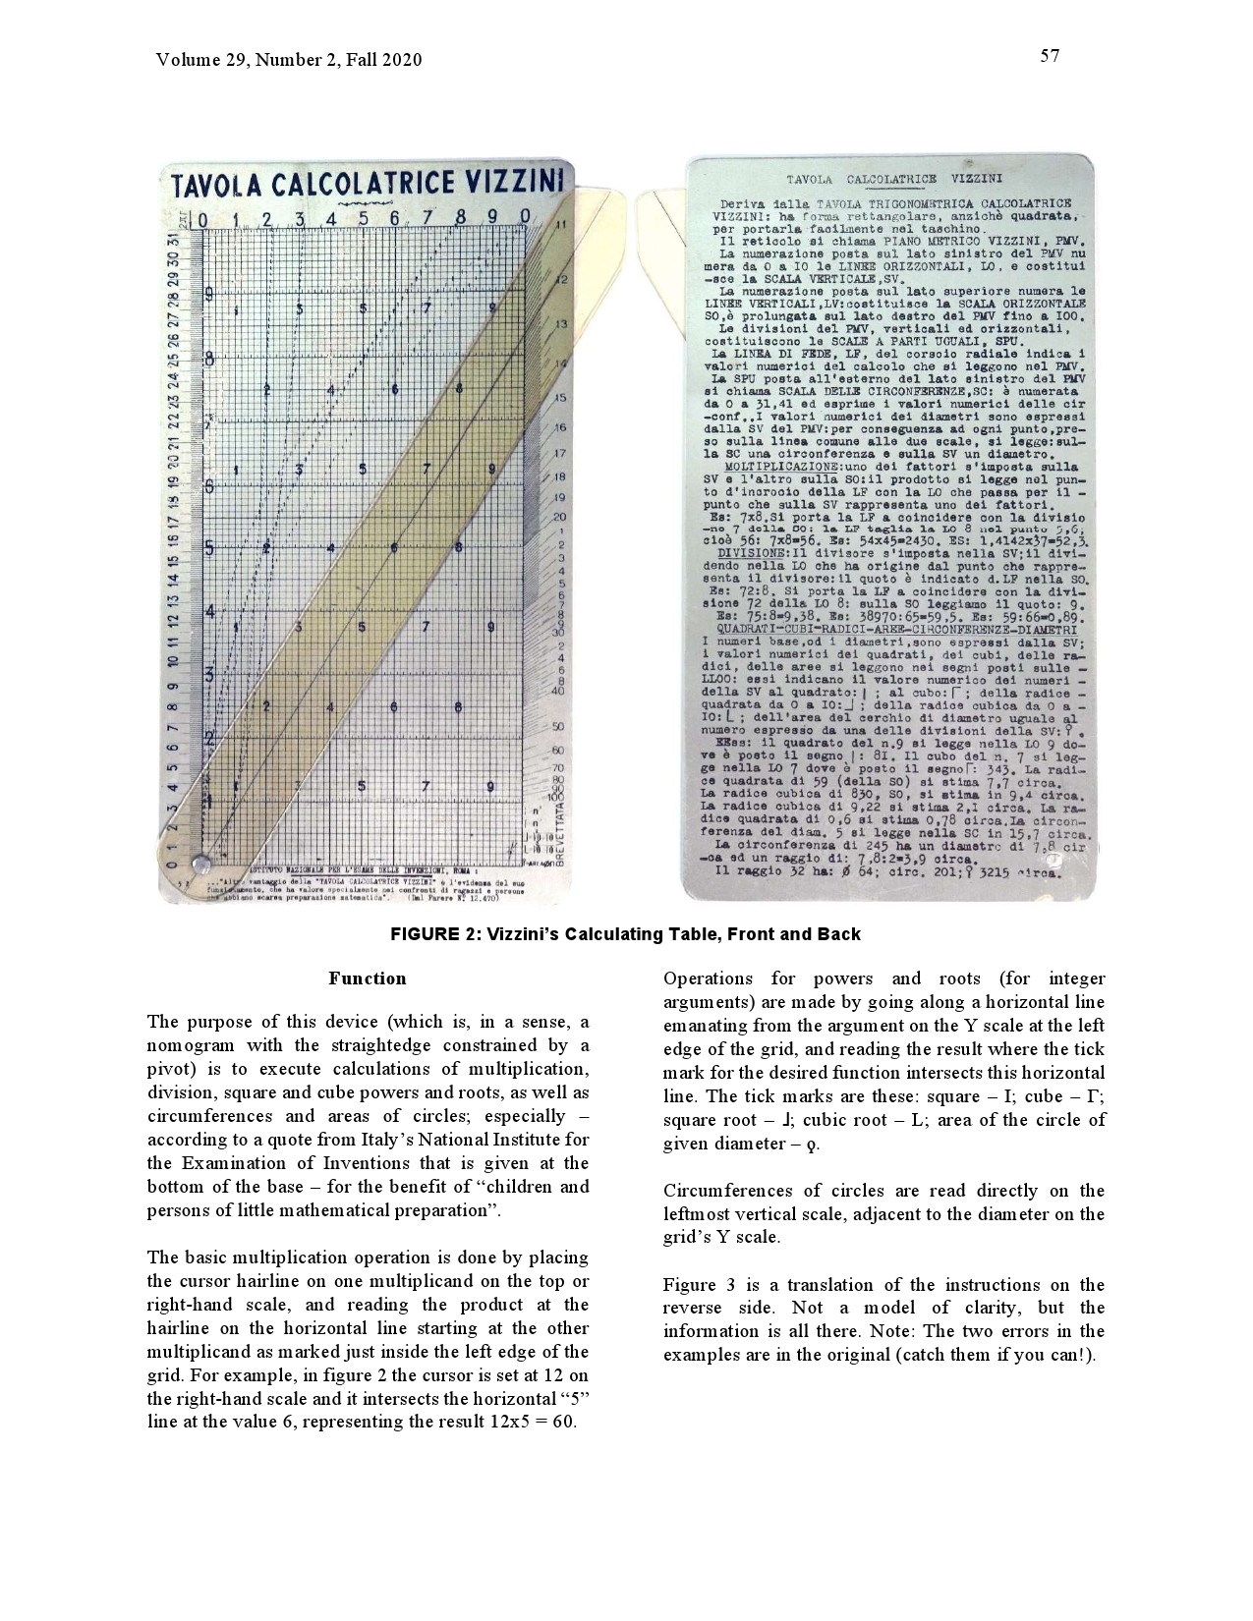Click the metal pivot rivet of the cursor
(x=203, y=863)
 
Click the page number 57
(x=1050, y=56)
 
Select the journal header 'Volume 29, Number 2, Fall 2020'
(x=289, y=60)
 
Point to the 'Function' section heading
(x=367, y=978)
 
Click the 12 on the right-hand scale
(x=563, y=280)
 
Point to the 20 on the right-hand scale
(x=560, y=517)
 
